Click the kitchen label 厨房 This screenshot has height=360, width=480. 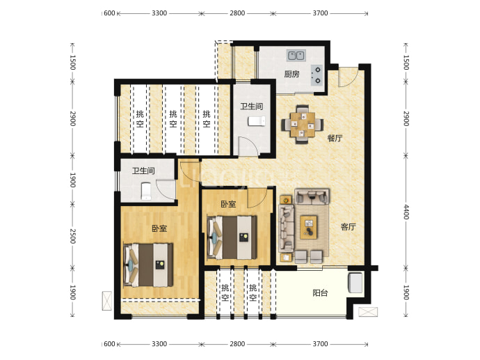291,74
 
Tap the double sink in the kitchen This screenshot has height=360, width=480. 296,56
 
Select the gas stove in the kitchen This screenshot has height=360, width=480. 317,75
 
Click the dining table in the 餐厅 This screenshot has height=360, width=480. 303,125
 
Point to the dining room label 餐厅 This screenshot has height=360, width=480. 335,138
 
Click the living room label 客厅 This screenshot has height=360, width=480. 348,227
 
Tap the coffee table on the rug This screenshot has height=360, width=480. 309,227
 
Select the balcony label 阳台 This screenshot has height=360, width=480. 320,293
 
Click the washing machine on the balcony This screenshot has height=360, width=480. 355,283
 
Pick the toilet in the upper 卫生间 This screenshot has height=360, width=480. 256,121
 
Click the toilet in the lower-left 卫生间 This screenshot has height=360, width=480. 146,191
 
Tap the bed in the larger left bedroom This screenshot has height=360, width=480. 148,265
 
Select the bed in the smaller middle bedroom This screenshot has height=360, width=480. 232,237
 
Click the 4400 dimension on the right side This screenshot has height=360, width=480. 406,212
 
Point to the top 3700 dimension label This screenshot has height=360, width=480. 320,13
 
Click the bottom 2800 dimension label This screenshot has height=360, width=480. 237,344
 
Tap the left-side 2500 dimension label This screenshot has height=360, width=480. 72,236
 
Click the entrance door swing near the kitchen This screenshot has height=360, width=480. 348,77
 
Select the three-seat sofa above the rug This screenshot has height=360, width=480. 312,196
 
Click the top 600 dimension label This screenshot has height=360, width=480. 109,13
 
